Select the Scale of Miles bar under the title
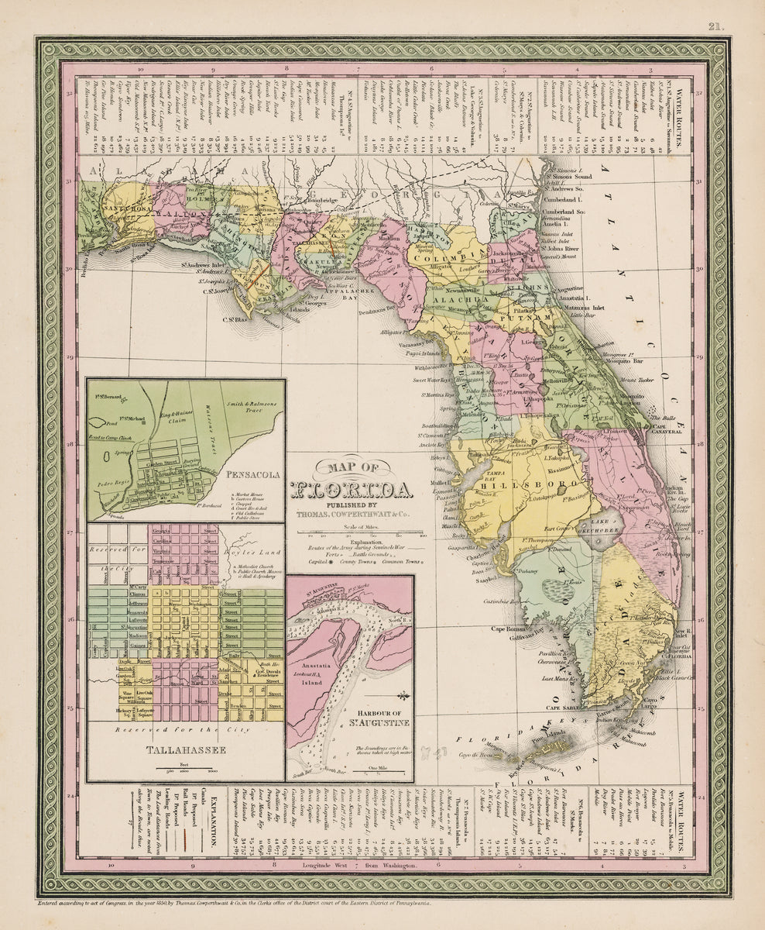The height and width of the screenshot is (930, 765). coord(364,534)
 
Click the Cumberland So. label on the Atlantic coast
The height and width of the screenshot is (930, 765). coord(583,210)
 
